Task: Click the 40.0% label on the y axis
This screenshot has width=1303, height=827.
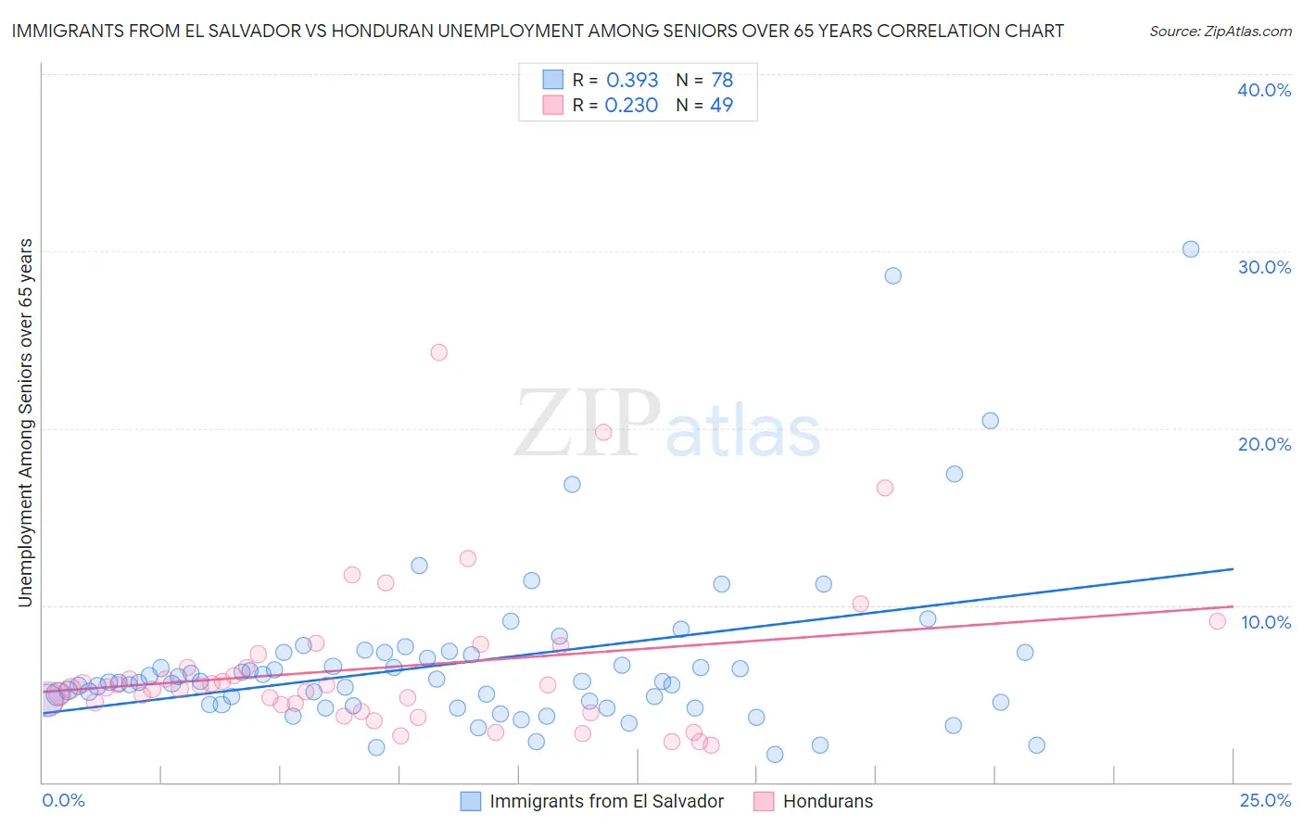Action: click(x=1264, y=91)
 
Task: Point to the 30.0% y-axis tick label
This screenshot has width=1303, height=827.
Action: click(x=1264, y=268)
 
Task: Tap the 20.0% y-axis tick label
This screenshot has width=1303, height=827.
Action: click(x=1264, y=445)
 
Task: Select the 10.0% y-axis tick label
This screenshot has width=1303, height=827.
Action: click(x=1265, y=622)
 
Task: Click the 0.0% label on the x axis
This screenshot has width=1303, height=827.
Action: click(x=63, y=801)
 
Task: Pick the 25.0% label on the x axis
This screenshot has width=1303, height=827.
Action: click(x=1265, y=801)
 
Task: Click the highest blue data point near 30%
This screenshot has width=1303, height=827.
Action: click(x=1191, y=249)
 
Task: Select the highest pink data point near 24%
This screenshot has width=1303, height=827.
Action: click(x=439, y=352)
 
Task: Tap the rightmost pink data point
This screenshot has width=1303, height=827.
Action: click(x=1218, y=621)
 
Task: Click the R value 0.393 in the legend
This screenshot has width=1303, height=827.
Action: click(x=632, y=81)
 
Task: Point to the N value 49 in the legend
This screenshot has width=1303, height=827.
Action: click(x=721, y=106)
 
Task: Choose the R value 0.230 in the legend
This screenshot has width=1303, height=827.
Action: click(x=631, y=106)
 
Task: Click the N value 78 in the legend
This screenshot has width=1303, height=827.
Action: click(x=722, y=81)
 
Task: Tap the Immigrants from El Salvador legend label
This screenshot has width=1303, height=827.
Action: click(x=606, y=802)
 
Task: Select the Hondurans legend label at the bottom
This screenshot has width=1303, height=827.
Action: click(x=828, y=802)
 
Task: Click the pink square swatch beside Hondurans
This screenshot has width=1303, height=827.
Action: click(x=764, y=802)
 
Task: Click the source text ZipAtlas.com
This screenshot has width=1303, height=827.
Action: click(x=1221, y=32)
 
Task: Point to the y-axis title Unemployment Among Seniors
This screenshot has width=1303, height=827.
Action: click(x=25, y=423)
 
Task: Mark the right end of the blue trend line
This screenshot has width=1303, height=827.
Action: click(x=1233, y=568)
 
